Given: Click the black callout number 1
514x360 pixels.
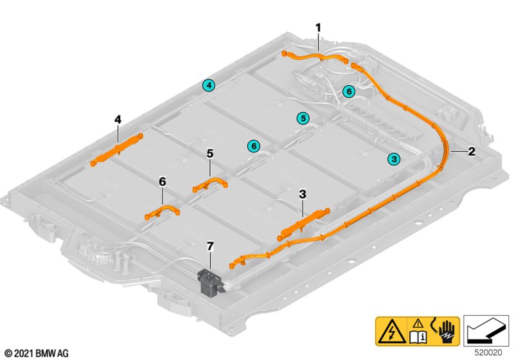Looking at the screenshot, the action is pyautogui.click(x=318, y=28).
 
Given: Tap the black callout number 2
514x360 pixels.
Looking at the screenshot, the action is pyautogui.click(x=472, y=151).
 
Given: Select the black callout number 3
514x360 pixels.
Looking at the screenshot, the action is pyautogui.click(x=303, y=194).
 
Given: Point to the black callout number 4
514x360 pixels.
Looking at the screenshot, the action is pyautogui.click(x=118, y=120).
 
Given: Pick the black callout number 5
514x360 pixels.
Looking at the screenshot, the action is pyautogui.click(x=210, y=154).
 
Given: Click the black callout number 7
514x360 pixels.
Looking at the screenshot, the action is pyautogui.click(x=210, y=246).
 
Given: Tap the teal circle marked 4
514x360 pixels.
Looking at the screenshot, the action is pyautogui.click(x=209, y=85).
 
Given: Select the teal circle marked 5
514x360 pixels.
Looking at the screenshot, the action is pyautogui.click(x=303, y=118).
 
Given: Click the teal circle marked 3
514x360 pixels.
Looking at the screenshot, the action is pyautogui.click(x=394, y=159).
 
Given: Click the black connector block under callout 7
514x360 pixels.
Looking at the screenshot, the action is pyautogui.click(x=210, y=283).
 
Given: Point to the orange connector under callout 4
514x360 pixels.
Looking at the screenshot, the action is pyautogui.click(x=117, y=150).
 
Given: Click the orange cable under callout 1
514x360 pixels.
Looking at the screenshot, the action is pyautogui.click(x=315, y=56).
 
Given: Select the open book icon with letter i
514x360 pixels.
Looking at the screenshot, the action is pyautogui.click(x=418, y=336).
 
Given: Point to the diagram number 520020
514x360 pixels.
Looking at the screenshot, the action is pyautogui.click(x=488, y=352).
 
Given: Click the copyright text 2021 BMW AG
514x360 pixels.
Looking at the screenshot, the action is pyautogui.click(x=37, y=354).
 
